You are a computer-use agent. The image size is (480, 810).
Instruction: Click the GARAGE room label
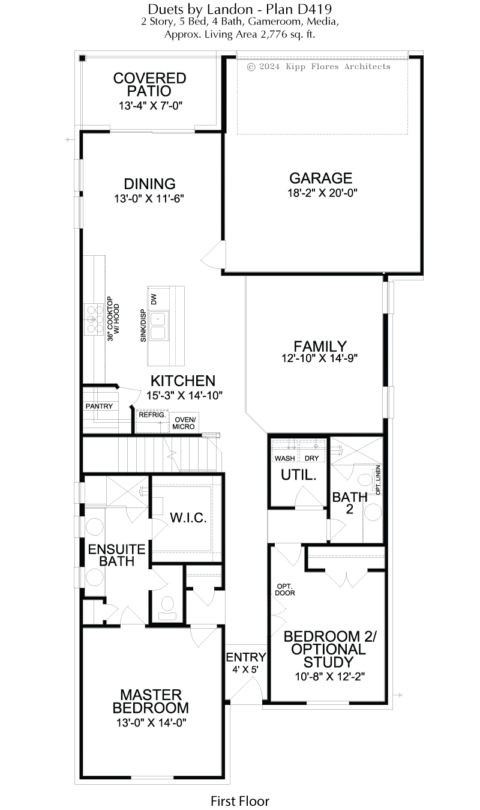(x=320, y=178)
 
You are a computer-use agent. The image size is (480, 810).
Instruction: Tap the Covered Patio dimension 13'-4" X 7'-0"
(x=151, y=106)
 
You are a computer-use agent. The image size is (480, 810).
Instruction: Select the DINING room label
(x=149, y=184)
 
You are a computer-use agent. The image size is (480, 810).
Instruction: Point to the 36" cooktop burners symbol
(x=94, y=319)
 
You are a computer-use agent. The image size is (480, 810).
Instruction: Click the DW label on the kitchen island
(x=154, y=299)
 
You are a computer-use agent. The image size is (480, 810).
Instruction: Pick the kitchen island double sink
(x=158, y=326)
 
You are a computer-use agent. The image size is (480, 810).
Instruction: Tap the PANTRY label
(x=99, y=406)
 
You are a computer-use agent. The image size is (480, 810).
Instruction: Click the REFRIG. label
(x=152, y=415)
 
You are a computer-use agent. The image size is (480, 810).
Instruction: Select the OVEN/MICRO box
(x=184, y=423)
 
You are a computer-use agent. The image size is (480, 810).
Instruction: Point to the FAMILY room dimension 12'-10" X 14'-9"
(x=320, y=358)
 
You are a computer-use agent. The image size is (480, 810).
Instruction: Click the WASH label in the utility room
(x=284, y=458)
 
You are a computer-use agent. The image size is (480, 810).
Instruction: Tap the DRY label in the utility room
(x=311, y=458)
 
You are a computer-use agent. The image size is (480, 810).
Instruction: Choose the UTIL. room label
(x=299, y=475)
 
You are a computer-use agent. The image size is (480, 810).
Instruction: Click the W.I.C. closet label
(x=188, y=518)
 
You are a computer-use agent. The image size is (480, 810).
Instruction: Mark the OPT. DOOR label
(x=285, y=590)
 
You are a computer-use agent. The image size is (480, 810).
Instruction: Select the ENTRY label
(x=246, y=657)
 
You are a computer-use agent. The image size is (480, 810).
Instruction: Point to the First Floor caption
(x=240, y=801)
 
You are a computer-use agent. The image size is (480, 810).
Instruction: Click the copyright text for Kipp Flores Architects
(x=319, y=67)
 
